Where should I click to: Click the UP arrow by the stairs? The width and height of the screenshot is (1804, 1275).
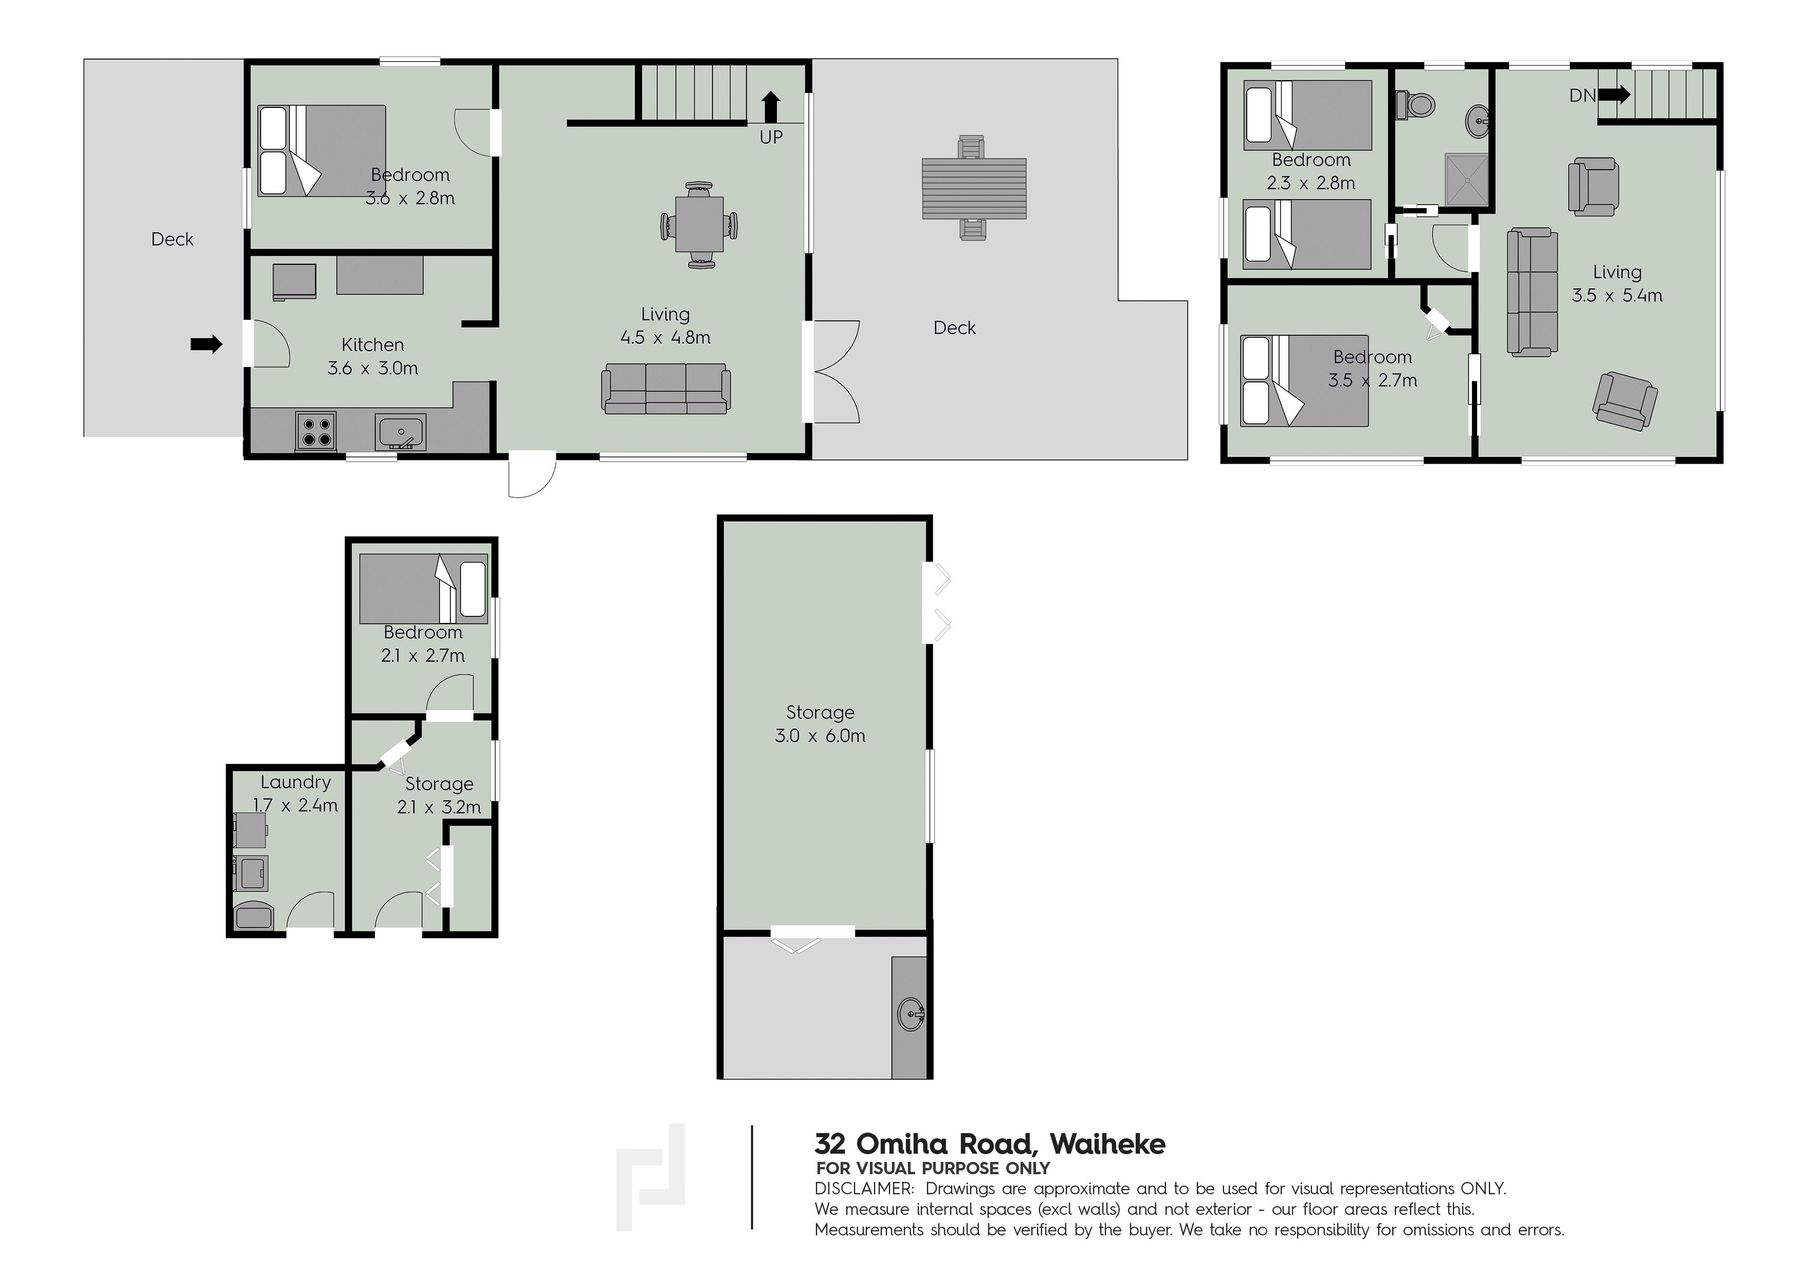[771, 107]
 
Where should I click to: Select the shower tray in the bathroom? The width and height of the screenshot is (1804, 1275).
[1466, 180]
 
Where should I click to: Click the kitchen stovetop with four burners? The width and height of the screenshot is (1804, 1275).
[316, 430]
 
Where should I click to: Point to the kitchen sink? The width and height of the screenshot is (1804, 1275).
[400, 432]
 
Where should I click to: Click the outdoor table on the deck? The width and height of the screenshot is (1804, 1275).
[974, 189]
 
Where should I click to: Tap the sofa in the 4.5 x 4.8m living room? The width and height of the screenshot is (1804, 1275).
[665, 388]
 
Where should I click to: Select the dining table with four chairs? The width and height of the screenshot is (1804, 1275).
[699, 225]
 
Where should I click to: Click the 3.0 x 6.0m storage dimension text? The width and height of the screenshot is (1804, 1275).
[821, 736]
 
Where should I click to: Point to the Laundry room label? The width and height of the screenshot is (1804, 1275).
[296, 782]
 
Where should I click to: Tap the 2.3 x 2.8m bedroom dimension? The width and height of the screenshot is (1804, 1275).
[1310, 183]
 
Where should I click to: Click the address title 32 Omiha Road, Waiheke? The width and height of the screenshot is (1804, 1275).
[990, 1144]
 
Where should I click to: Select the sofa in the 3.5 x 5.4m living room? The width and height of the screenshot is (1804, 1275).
[1532, 292]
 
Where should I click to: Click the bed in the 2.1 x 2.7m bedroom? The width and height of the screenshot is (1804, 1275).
[424, 588]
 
